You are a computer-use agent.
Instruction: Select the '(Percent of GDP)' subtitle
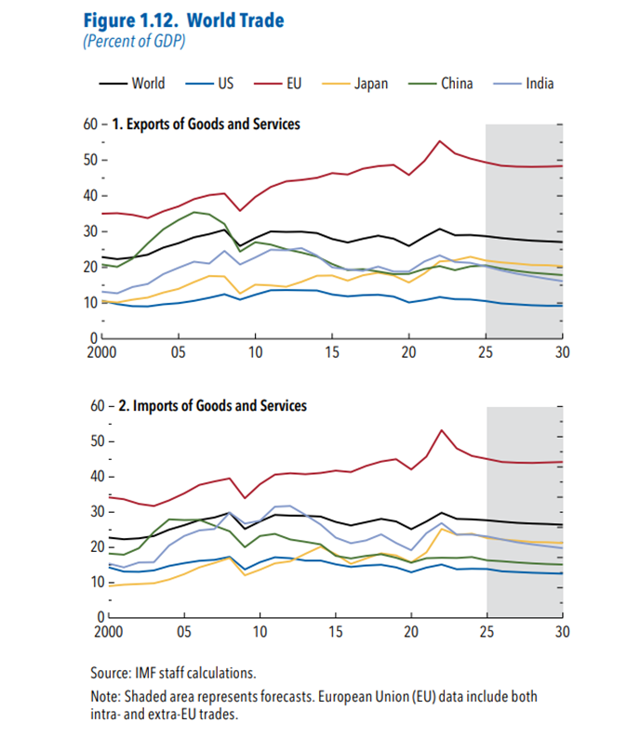click(x=133, y=42)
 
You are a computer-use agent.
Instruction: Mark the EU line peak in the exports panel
click(x=440, y=141)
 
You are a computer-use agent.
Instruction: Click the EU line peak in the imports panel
click(x=440, y=430)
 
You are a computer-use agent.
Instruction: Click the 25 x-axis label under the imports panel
click(x=487, y=636)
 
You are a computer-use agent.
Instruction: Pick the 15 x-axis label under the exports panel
click(x=332, y=353)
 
